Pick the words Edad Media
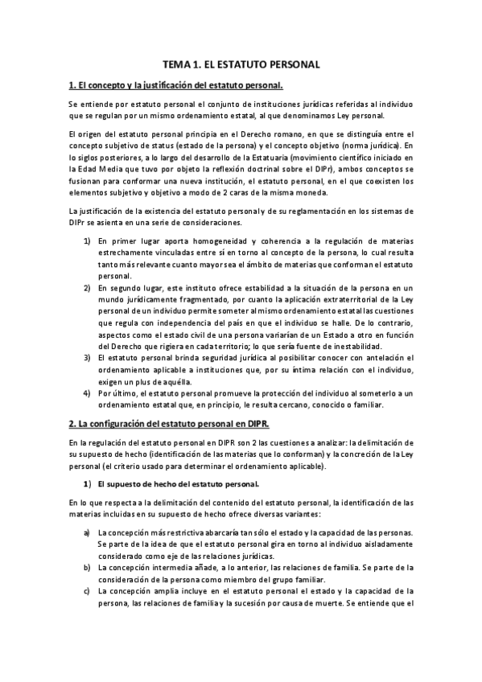pos(92,169)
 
